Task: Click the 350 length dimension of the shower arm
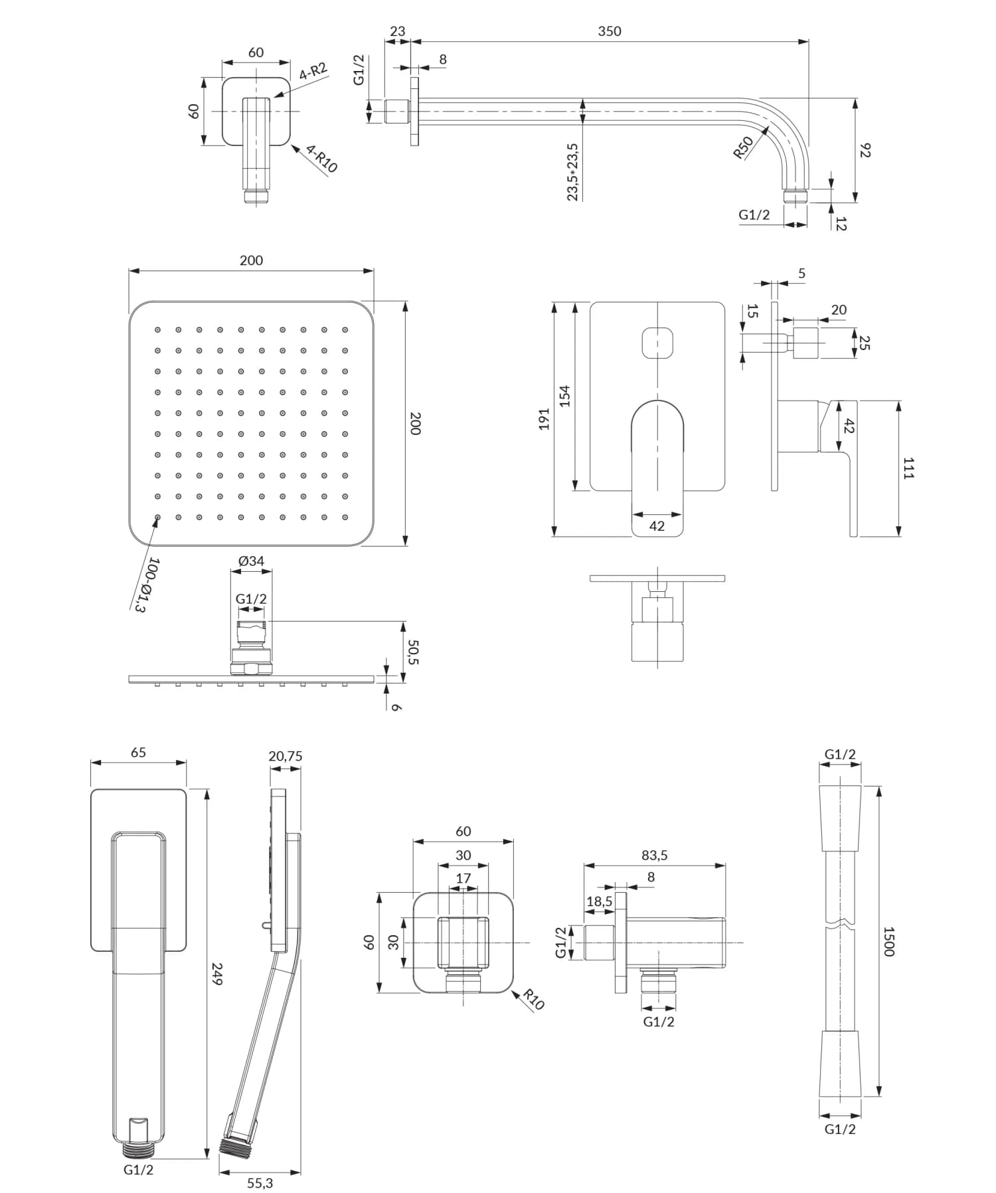click(609, 31)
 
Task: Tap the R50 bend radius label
click(743, 147)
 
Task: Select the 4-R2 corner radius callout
click(313, 71)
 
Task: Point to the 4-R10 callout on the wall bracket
click(322, 159)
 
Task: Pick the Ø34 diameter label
click(251, 561)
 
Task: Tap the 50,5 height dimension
click(413, 652)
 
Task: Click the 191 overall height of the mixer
click(544, 418)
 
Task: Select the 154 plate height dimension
click(564, 396)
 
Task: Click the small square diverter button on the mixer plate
click(657, 343)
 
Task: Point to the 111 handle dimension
click(908, 468)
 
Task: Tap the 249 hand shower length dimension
click(216, 973)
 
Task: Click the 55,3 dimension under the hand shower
click(260, 1183)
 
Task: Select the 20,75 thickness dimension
click(286, 756)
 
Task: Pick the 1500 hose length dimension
click(889, 941)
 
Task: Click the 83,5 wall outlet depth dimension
click(654, 856)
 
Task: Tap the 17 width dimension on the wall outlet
click(463, 878)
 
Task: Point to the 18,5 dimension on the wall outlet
click(599, 901)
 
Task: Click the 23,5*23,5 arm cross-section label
click(572, 171)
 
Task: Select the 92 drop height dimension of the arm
click(865, 150)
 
